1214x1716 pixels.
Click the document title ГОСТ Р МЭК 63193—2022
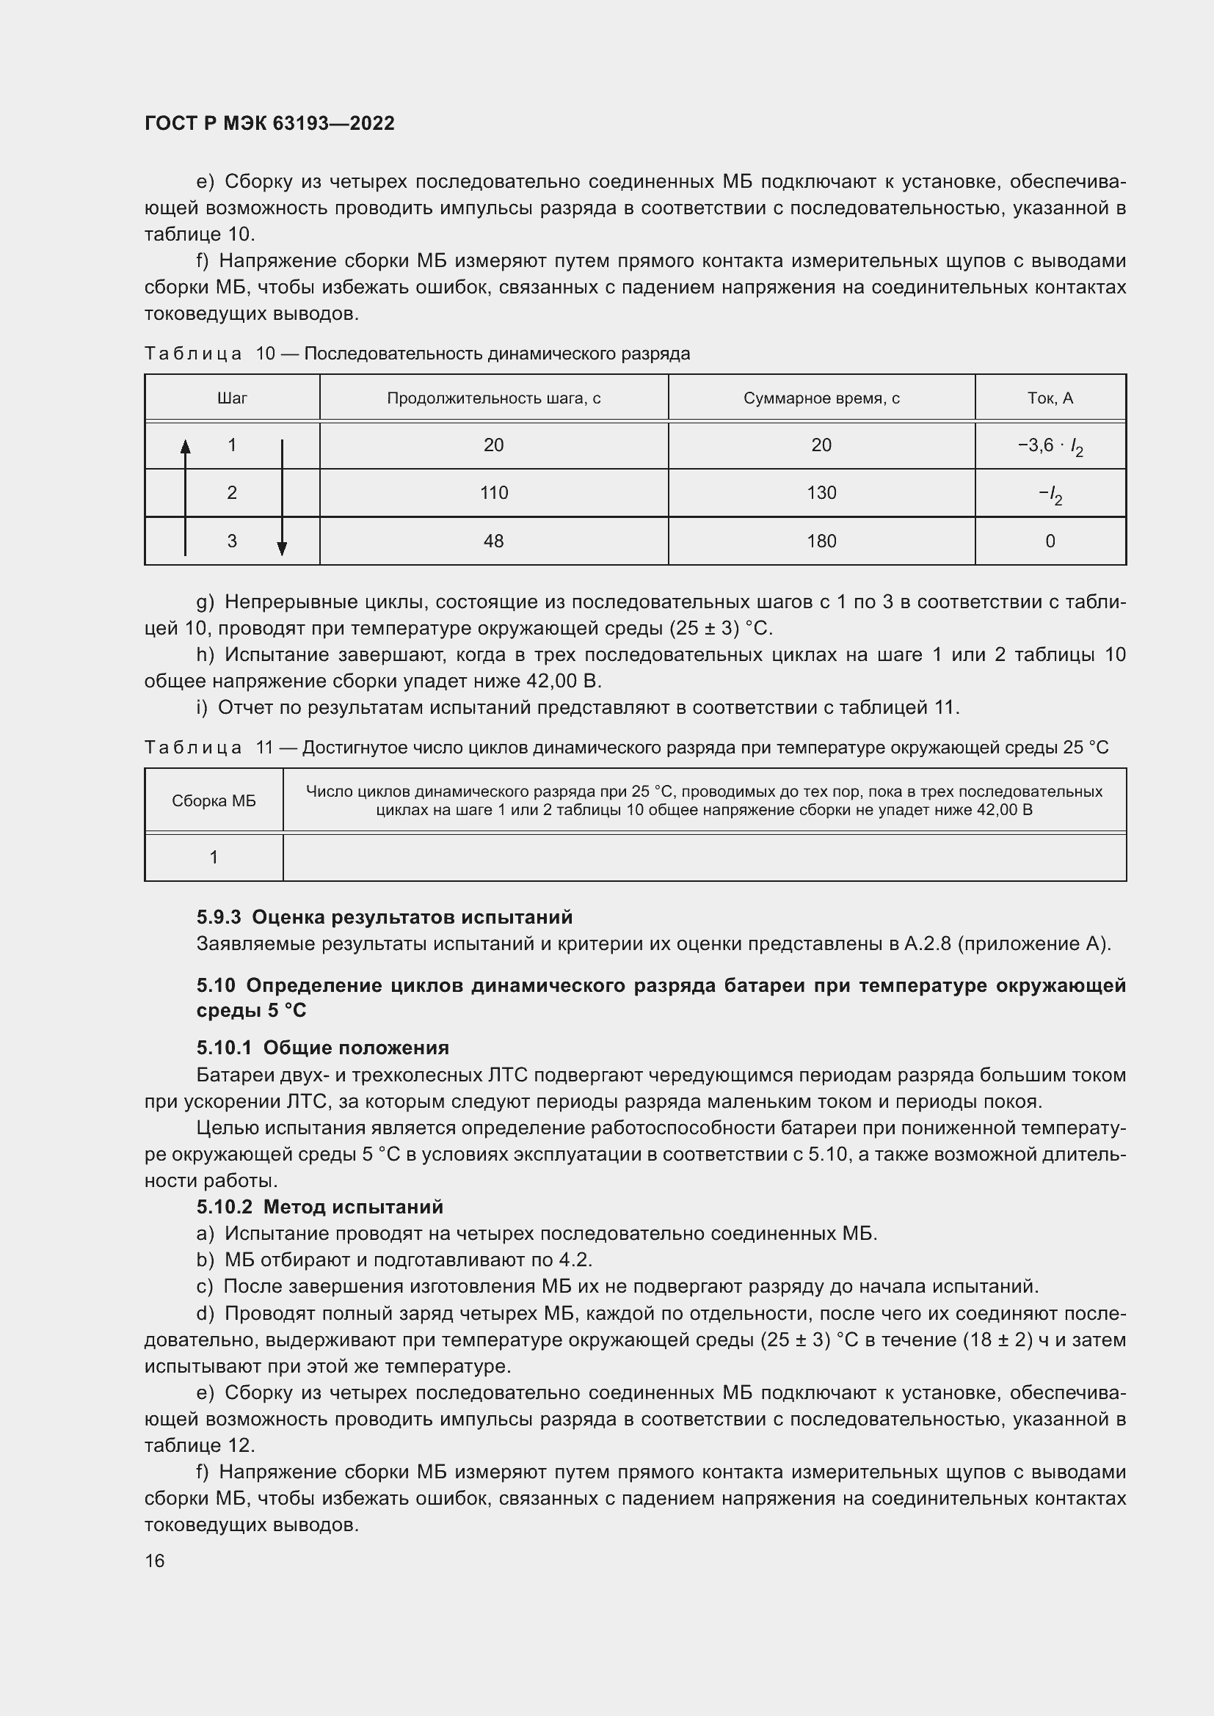click(269, 123)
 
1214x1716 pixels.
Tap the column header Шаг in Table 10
click(232, 398)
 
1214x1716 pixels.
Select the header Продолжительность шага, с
click(493, 398)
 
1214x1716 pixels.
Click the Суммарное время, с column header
click(821, 398)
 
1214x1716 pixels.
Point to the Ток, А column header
click(1050, 398)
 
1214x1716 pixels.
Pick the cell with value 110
click(493, 493)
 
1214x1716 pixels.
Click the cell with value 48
click(493, 541)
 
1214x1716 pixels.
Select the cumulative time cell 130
click(821, 493)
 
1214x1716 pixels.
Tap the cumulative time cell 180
click(821, 541)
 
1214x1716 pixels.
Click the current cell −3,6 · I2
click(1050, 447)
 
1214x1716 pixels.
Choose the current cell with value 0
click(1050, 541)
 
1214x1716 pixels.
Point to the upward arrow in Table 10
click(186, 493)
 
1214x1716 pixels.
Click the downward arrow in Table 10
click(282, 501)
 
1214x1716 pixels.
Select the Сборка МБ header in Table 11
click(214, 801)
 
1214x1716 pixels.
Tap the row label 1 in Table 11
click(214, 857)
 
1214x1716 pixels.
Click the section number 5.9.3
click(219, 917)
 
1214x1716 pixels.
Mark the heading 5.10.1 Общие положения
click(322, 1048)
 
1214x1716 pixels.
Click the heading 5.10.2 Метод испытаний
click(319, 1207)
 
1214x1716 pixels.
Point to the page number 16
click(155, 1560)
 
